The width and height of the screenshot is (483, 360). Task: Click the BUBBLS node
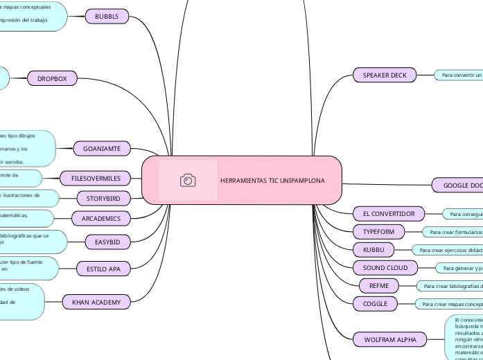point(107,16)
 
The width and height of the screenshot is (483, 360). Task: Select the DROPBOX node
point(52,79)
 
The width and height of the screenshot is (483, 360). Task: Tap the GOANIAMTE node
point(102,148)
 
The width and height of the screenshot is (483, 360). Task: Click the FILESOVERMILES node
point(96,179)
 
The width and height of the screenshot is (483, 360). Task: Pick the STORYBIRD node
point(103,199)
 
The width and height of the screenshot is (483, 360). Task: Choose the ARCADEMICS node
point(101,219)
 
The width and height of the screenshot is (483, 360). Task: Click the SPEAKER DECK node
point(385,75)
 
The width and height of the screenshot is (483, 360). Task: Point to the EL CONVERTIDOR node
point(384,213)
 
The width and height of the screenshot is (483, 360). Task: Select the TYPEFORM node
point(378,231)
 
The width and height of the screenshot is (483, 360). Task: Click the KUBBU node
point(374,249)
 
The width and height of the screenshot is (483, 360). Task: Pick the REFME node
point(379,285)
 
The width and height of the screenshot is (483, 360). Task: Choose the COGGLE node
point(374,303)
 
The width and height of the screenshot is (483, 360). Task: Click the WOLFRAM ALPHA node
point(386,339)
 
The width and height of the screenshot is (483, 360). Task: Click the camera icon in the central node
point(188,181)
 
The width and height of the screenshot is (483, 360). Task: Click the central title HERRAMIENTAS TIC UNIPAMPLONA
point(272,181)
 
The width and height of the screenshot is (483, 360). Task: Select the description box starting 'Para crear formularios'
point(453,232)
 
